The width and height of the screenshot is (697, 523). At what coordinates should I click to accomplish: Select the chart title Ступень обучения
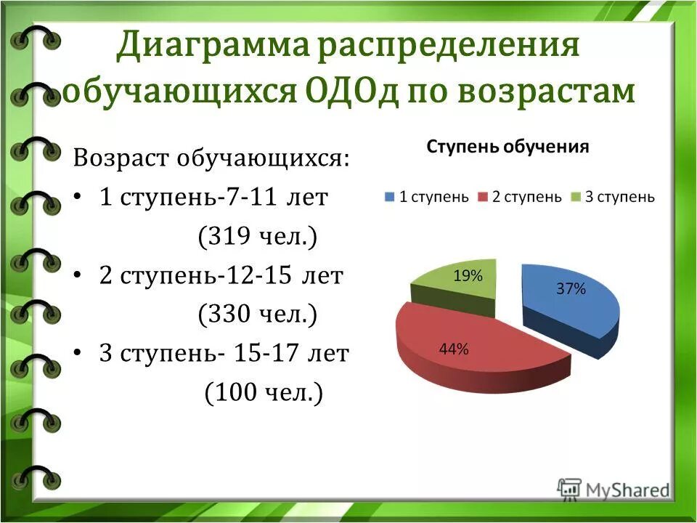tap(508, 147)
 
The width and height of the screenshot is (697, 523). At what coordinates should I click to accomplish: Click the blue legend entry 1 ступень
tap(426, 197)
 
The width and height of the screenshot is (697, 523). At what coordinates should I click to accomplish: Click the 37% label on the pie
tap(571, 288)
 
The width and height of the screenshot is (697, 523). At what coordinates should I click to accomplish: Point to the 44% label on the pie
tap(454, 349)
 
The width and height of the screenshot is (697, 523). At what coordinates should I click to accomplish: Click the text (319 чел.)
tap(257, 237)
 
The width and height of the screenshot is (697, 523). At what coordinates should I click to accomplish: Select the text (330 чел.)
tap(257, 315)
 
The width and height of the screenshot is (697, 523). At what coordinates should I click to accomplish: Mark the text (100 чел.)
tap(263, 393)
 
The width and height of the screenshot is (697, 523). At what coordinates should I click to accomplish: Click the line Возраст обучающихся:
tap(211, 158)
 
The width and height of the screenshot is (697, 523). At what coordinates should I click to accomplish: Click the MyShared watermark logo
tap(614, 489)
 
